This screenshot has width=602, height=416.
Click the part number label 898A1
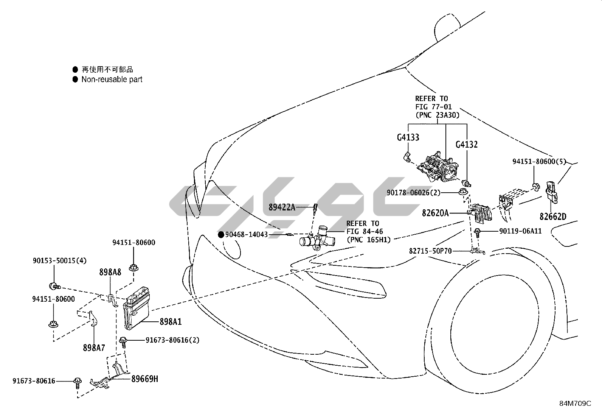tap(171, 322)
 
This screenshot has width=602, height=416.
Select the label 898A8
tap(110, 272)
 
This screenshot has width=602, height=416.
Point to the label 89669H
tap(145, 378)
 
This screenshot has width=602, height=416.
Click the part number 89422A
tap(282, 207)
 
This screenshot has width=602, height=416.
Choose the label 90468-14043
tap(246, 235)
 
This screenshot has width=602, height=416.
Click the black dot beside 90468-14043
tap(221, 235)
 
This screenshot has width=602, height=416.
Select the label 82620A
tap(435, 213)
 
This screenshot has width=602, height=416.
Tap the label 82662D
tap(553, 217)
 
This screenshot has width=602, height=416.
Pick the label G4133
tap(408, 137)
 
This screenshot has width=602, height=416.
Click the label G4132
tap(467, 144)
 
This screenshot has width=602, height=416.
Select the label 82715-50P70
tap(430, 251)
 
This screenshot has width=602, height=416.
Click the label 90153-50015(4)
tap(59, 260)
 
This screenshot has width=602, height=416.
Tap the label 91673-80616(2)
tap(172, 340)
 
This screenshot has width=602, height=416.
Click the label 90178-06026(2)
tap(414, 193)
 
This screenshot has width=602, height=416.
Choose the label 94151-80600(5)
tap(539, 162)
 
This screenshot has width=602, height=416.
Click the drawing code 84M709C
tap(575, 404)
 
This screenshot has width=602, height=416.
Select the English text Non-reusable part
tap(112, 79)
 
